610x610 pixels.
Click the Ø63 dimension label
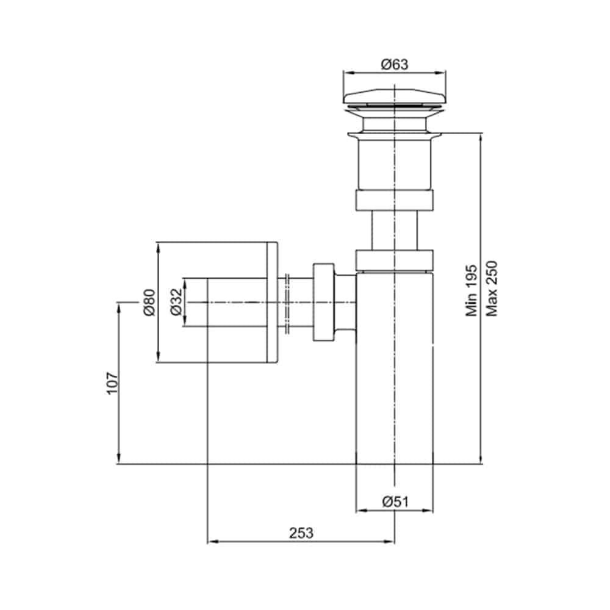tap(395, 64)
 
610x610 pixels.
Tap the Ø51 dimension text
tap(395, 502)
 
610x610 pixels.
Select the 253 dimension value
tap(301, 533)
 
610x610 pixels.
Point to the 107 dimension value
tap(112, 383)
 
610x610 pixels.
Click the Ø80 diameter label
tap(149, 303)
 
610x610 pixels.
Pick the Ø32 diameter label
tap(176, 302)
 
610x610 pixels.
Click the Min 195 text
tap(472, 290)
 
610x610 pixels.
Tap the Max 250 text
tap(492, 289)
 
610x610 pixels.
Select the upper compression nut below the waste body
tap(395, 200)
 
